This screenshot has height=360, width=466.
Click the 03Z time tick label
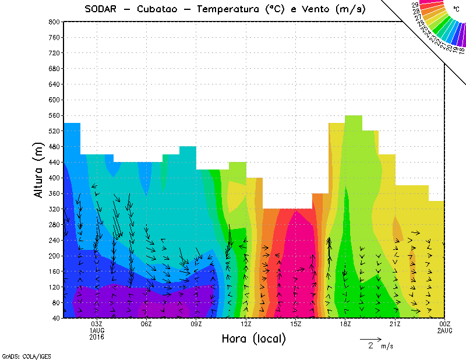[x=97, y=324]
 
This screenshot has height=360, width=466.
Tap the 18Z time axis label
[x=345, y=324]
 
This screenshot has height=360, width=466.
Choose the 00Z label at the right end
[x=445, y=324]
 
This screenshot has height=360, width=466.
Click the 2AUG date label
[x=445, y=330]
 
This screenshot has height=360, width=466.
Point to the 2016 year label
[x=97, y=337]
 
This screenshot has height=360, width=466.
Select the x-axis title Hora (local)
[x=253, y=338]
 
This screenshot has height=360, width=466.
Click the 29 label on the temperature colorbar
[x=415, y=5]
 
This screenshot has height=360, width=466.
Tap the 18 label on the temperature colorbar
[x=462, y=50]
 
